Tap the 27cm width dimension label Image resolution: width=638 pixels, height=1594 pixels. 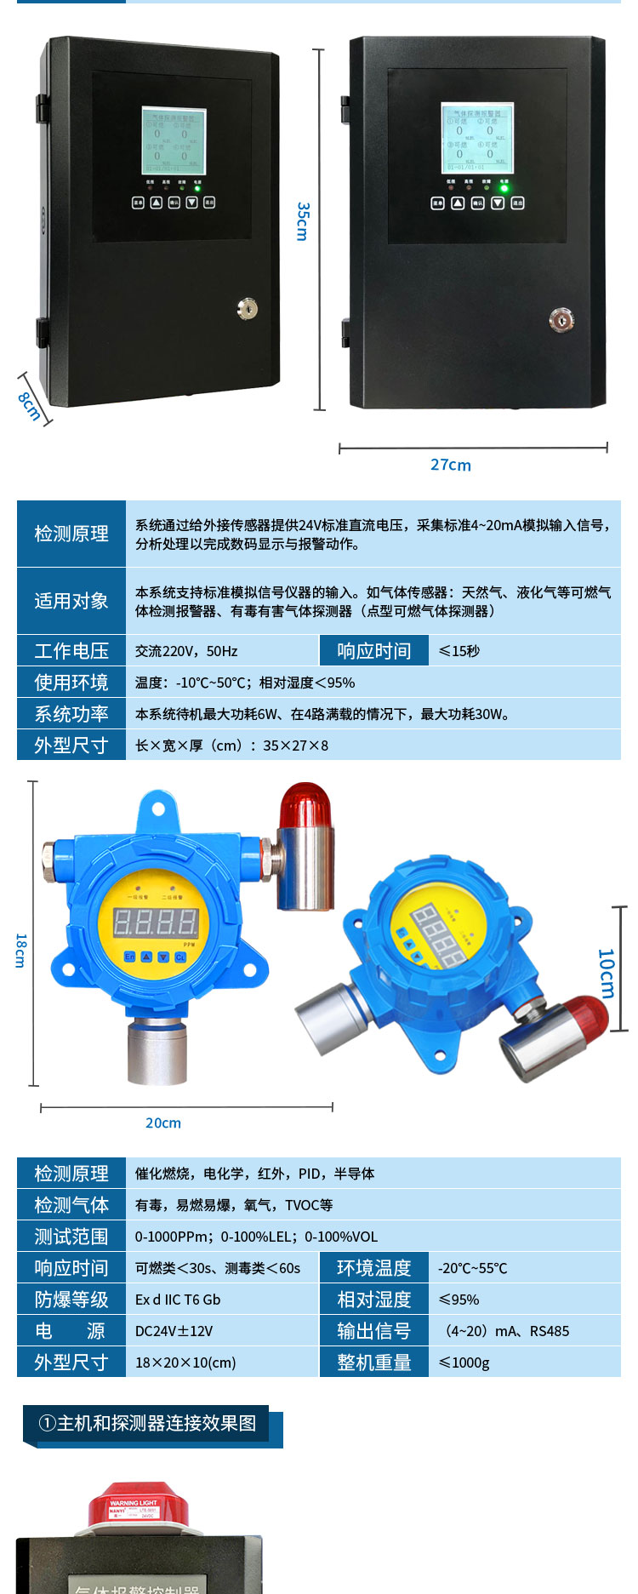click(450, 465)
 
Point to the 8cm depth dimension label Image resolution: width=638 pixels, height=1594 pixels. click(30, 406)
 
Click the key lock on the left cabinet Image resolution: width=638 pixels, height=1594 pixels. click(247, 310)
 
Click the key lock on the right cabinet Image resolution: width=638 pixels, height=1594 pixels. click(561, 320)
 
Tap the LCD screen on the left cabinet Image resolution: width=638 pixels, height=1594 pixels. click(174, 139)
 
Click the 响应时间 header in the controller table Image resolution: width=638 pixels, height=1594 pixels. click(373, 651)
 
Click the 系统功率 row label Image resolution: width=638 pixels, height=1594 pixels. click(71, 714)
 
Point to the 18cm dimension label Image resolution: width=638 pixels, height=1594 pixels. click(20, 950)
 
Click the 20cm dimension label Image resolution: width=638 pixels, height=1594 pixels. click(162, 1123)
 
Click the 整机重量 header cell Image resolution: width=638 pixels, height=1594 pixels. click(373, 1363)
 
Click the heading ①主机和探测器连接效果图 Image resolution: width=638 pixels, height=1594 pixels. click(147, 1423)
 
